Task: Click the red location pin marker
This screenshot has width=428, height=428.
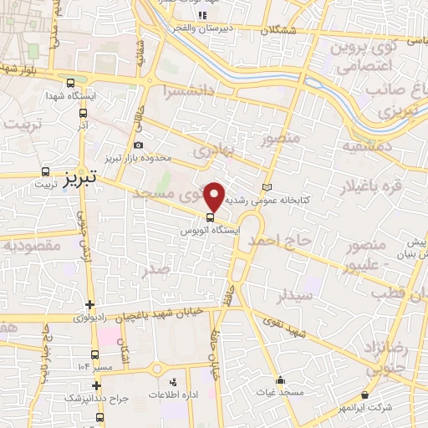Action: pyautogui.click(x=214, y=196)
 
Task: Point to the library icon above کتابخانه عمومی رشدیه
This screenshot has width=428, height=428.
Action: pyautogui.click(x=267, y=186)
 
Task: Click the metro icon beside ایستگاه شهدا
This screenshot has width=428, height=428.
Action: pyautogui.click(x=70, y=84)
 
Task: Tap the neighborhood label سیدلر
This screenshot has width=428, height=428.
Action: pyautogui.click(x=296, y=295)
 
